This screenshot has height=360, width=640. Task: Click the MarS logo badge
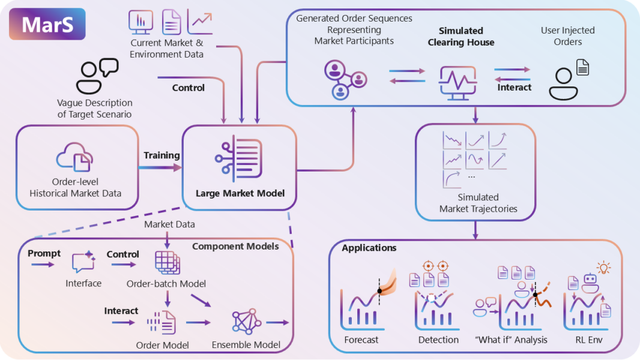click(x=47, y=24)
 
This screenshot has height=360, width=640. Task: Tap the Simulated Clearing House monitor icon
click(x=458, y=82)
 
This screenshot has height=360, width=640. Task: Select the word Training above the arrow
click(x=162, y=155)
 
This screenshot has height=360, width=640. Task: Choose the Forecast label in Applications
click(x=361, y=340)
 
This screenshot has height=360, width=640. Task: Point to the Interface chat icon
click(x=83, y=263)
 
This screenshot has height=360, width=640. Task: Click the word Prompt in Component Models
click(x=44, y=254)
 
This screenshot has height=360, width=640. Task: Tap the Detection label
click(x=438, y=340)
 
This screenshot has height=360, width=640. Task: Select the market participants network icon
click(x=345, y=79)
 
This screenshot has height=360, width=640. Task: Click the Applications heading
click(x=369, y=248)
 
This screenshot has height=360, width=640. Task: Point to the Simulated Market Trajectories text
click(x=478, y=203)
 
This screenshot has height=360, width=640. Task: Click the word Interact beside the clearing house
click(x=514, y=88)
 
